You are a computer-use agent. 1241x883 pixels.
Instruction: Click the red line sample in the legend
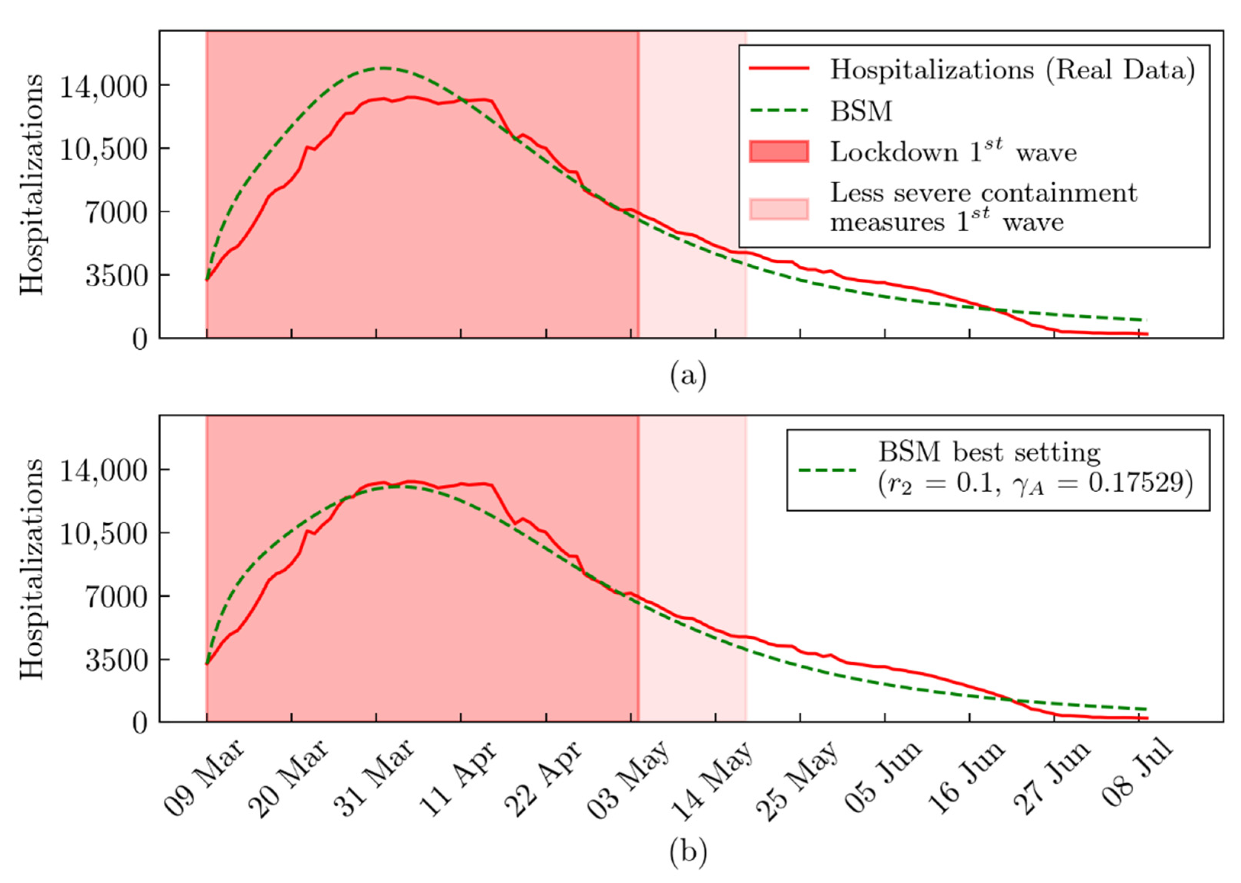(x=778, y=69)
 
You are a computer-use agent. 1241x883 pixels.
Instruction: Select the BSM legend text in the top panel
(x=861, y=111)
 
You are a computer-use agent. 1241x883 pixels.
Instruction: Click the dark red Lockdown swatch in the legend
(x=778, y=152)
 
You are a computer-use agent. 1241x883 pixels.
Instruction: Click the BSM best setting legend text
(x=989, y=452)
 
